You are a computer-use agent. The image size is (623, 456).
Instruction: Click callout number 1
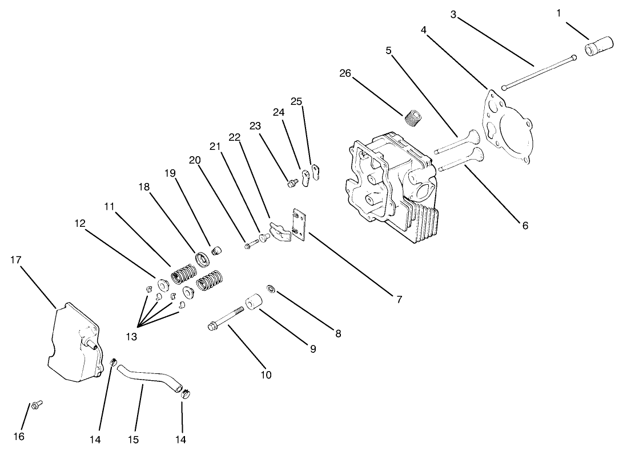(x=559, y=13)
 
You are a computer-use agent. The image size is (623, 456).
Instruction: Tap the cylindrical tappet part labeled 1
(x=597, y=47)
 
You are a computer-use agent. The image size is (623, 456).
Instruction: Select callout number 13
(x=131, y=336)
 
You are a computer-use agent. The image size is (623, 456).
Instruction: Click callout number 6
(x=525, y=225)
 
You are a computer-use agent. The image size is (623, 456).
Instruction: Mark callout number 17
(x=16, y=260)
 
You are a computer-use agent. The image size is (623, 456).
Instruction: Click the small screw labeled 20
(x=250, y=246)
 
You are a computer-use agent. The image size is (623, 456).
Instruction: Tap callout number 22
(x=235, y=137)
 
